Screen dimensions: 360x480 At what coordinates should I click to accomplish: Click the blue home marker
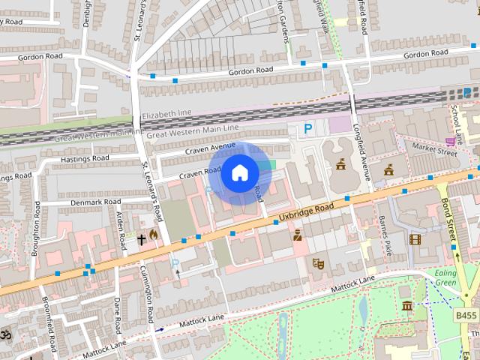239,173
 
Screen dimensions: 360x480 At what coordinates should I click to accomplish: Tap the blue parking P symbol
307,130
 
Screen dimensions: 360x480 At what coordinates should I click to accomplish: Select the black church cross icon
141,239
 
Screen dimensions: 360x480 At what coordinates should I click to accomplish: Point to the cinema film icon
415,240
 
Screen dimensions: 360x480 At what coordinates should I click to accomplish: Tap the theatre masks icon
318,263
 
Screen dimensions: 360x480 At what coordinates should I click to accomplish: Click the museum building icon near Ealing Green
407,305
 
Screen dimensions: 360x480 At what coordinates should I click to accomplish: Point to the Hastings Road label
84,159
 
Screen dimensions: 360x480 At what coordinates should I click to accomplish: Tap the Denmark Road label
95,202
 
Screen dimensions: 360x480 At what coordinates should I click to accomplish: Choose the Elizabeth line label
166,113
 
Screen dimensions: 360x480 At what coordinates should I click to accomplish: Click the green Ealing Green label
446,278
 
